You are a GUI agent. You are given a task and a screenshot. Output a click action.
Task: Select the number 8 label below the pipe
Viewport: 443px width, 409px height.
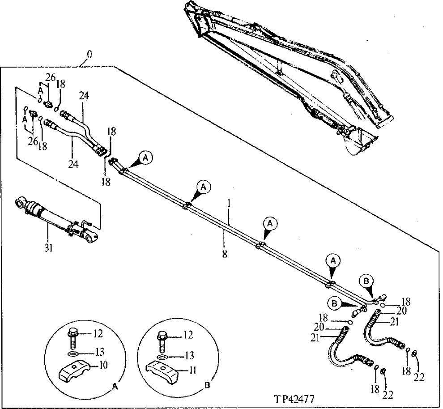[225, 254]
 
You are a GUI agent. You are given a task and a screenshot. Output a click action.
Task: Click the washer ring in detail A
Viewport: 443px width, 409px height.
[74, 354]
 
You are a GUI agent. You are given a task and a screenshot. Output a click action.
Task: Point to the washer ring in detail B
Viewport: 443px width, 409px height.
[163, 357]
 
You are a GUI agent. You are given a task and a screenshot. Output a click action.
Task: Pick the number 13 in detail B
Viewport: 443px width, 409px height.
[190, 356]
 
